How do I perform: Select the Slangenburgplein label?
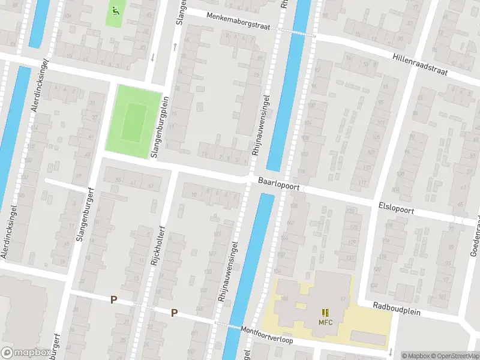click(x=161, y=127)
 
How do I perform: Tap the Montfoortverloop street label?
click(x=266, y=335)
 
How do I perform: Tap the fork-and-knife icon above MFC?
click(x=325, y=312)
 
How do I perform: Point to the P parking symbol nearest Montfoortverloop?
click(x=174, y=312)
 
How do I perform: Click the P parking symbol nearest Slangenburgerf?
click(x=113, y=299)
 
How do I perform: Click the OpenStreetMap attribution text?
click(x=453, y=356)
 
